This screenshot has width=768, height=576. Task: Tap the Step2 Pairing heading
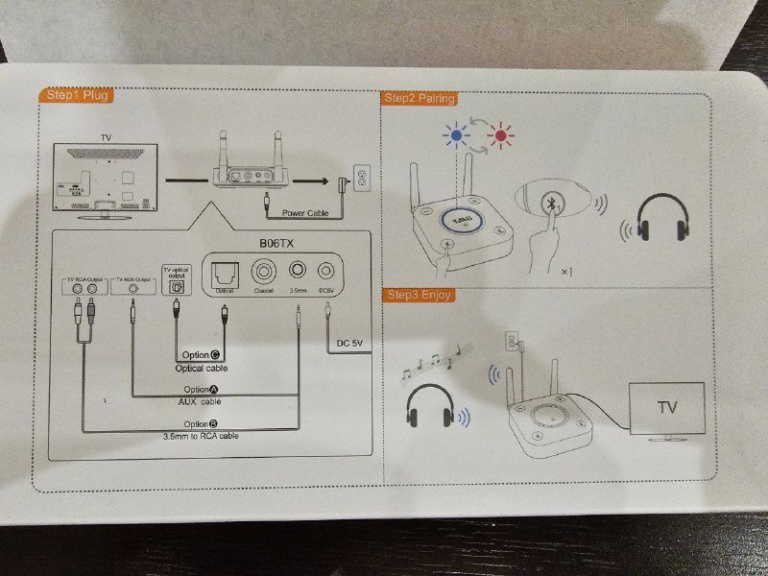click(x=419, y=98)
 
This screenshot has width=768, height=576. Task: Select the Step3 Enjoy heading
click(x=418, y=295)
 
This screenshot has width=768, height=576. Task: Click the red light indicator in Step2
click(x=498, y=136)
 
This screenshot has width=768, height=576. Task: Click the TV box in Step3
click(x=665, y=408)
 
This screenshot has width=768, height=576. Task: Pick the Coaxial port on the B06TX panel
click(x=264, y=271)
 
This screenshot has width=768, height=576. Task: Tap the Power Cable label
click(x=305, y=213)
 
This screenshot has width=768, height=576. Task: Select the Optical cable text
click(x=201, y=368)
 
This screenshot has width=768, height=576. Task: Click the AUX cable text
click(x=200, y=400)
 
